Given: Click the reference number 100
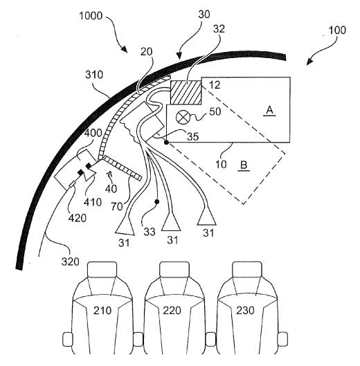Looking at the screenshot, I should coord(337,31).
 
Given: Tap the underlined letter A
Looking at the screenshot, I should coord(269,109).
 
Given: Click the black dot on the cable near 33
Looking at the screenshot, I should coord(157,201).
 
